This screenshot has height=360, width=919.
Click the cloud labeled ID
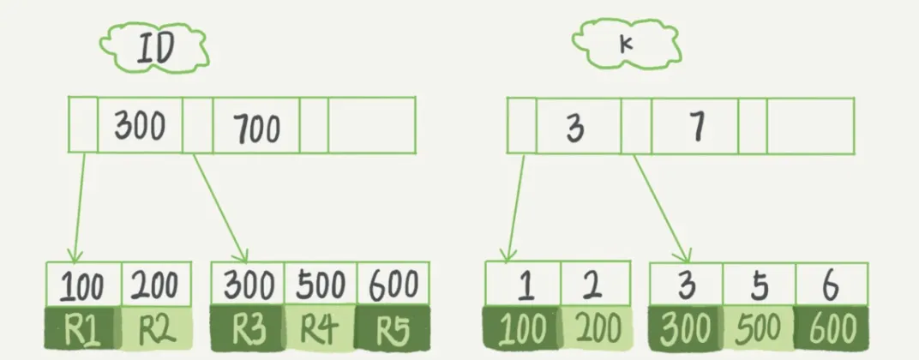coord(154,48)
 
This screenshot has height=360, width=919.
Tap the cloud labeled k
coord(625,44)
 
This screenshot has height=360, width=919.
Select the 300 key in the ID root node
coord(141,126)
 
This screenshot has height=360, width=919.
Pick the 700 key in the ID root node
coord(255,128)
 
